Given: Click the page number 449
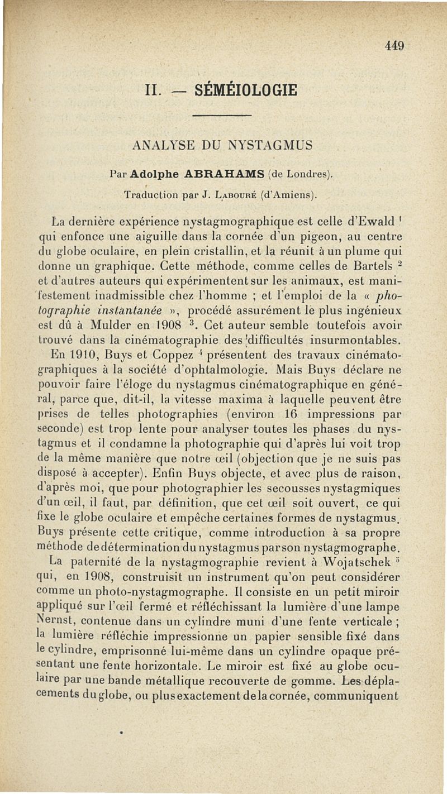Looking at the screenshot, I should click(394, 46).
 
